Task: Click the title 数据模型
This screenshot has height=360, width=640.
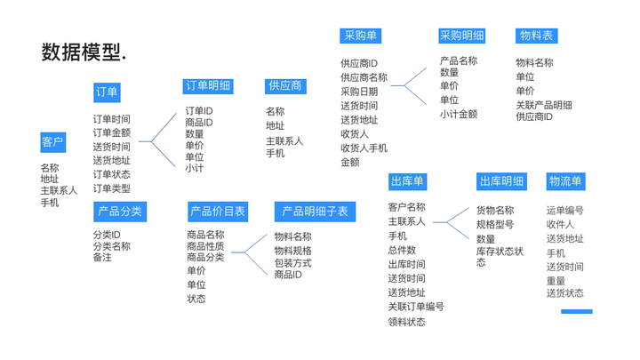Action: (84, 52)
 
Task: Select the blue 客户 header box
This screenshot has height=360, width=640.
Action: (52, 142)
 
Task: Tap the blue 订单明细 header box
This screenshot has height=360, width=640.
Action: (207, 86)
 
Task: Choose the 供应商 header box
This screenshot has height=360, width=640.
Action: (284, 86)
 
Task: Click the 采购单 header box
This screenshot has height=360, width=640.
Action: (361, 36)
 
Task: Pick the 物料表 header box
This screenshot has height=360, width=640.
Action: (536, 36)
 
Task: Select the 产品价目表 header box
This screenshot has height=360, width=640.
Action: (218, 212)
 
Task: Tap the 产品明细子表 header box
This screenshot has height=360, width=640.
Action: (316, 212)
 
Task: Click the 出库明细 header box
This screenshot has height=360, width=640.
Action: (501, 181)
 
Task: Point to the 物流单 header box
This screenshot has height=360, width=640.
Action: (565, 181)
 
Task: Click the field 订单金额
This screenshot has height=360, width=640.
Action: (111, 133)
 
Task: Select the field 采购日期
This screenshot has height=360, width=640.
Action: (359, 92)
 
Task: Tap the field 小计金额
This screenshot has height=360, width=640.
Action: (459, 114)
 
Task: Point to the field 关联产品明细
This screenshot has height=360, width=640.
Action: (544, 105)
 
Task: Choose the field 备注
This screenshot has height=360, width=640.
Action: (102, 258)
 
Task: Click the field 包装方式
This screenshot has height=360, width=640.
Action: (292, 263)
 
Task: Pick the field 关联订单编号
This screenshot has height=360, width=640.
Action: (415, 307)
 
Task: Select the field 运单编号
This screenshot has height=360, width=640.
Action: (564, 211)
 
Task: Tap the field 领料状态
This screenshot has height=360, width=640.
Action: (406, 322)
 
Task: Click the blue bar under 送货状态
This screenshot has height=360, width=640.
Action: (576, 311)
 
